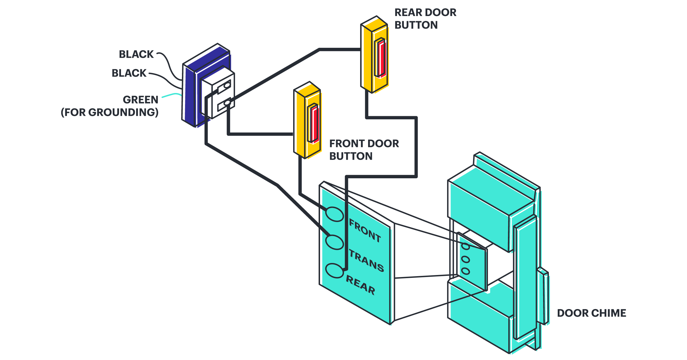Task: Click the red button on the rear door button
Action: pos(380,58)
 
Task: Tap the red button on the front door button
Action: pos(314,124)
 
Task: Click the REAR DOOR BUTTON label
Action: pos(425,19)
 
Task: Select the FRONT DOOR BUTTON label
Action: pos(364,150)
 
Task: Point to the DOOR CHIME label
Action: pos(591,313)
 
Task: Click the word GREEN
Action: pos(140,100)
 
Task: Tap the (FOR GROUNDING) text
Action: pos(110,112)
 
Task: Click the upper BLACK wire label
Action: pos(136,54)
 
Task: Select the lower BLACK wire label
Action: pos(129,73)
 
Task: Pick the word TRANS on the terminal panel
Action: pos(366,261)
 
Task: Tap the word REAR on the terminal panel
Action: pos(360,285)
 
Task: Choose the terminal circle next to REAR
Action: pos(334,270)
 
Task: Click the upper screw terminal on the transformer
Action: pos(227,85)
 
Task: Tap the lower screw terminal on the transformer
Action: pos(227,102)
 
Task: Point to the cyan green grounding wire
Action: pos(172,95)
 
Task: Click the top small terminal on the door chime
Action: pos(466,246)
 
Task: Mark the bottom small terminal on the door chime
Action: pos(466,271)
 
